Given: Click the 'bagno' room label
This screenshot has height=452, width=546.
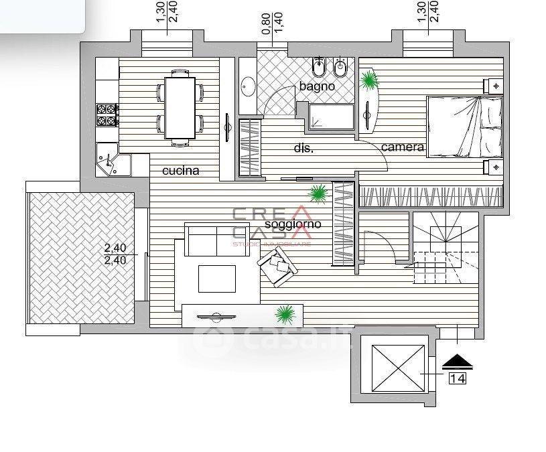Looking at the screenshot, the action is [317, 86].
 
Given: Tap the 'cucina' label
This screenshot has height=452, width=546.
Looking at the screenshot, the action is [181, 171].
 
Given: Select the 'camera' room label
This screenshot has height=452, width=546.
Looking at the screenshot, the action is [403, 147].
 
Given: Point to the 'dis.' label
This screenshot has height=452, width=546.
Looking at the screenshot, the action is [303, 148].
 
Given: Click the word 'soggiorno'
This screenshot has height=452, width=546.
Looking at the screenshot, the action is [293, 224].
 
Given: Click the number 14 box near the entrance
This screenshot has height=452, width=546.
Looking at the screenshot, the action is [457, 378].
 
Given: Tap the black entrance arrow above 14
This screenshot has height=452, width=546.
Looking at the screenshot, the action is [457, 362].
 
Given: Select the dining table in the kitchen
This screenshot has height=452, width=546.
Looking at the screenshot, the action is [180, 108].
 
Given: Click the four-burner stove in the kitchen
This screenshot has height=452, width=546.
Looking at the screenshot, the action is [107, 115].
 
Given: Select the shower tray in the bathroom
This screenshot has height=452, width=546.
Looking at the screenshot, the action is [331, 117].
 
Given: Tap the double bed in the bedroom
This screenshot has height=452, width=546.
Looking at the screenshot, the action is [464, 127].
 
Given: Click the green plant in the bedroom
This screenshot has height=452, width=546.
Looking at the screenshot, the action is [368, 81].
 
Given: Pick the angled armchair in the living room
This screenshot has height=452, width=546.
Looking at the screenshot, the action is [277, 267].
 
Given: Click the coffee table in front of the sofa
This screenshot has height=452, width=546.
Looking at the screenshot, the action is [217, 279].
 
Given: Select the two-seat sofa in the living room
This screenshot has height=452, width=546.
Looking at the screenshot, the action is [217, 240].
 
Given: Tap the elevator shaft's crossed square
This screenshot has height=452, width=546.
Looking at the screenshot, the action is [398, 368].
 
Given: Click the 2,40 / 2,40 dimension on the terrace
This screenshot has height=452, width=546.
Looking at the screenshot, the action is [115, 254].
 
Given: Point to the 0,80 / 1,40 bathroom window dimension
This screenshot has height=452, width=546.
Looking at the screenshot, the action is [272, 23].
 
